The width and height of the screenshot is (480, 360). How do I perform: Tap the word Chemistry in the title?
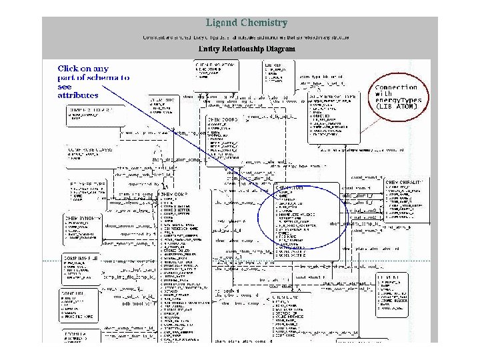265,23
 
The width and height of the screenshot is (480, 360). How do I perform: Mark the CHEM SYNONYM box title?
83,218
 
